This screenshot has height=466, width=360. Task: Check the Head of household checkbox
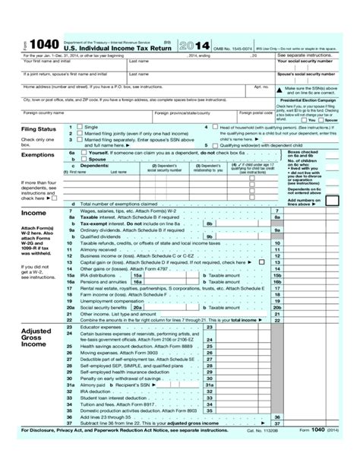click(216, 127)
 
